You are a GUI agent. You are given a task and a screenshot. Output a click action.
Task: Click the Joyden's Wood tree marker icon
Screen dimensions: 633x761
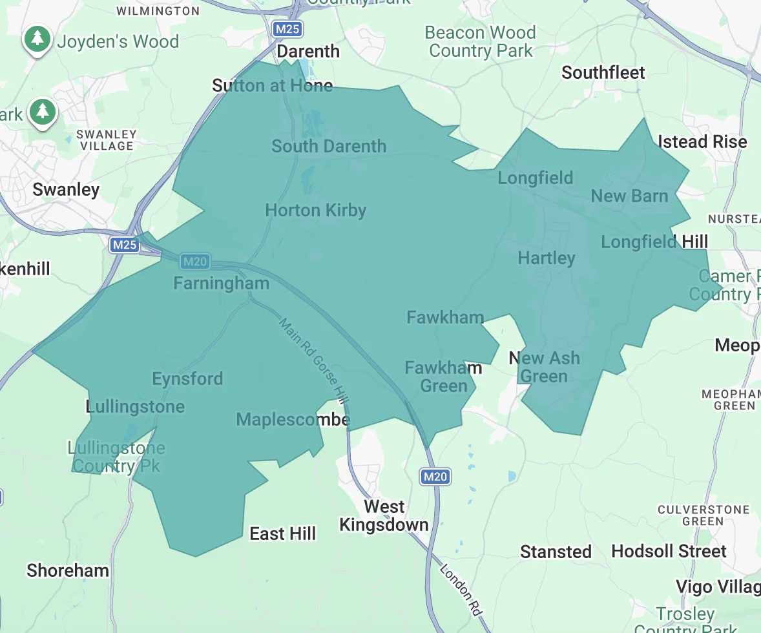point(38,39)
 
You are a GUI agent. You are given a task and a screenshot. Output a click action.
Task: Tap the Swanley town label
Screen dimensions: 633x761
point(66,190)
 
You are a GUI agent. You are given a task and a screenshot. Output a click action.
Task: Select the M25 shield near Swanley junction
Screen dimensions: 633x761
point(124,245)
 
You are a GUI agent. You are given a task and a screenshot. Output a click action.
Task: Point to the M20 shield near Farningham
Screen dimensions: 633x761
point(195,262)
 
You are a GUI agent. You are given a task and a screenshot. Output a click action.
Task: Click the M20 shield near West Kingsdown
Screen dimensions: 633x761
point(435,477)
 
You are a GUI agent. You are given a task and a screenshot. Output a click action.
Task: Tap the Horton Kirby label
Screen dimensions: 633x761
point(315,211)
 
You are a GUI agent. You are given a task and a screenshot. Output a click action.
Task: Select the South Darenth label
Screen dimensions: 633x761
point(329,147)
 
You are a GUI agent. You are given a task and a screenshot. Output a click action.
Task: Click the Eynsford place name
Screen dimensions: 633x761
point(187,379)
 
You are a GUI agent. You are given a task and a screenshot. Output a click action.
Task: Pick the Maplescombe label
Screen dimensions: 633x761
point(293,420)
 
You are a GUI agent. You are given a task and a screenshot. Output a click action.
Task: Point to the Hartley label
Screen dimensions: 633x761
point(547,258)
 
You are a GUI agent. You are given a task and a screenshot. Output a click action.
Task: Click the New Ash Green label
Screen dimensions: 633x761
point(545,367)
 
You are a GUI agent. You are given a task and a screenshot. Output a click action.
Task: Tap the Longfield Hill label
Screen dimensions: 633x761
point(654,242)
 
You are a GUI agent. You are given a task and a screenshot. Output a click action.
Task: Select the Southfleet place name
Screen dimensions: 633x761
point(603,73)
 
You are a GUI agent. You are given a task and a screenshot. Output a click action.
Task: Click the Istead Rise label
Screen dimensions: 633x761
point(702,142)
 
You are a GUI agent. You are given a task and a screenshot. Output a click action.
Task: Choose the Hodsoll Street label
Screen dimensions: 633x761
point(669,552)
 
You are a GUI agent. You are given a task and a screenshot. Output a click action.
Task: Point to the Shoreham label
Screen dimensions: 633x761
point(68,571)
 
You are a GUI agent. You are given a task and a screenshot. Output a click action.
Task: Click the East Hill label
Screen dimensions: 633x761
point(283,534)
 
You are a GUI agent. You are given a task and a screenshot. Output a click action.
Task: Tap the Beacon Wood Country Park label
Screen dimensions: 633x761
point(481,42)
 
